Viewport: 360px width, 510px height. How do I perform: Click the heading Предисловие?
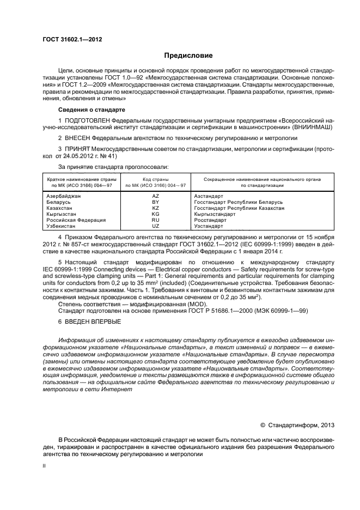(189, 56)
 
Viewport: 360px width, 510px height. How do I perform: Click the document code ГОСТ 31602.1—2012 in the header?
(72, 39)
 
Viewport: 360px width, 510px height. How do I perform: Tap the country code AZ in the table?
(155, 195)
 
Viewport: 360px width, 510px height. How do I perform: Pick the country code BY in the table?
(155, 202)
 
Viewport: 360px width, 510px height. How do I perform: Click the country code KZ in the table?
(155, 208)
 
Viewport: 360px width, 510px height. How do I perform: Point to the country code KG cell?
(155, 214)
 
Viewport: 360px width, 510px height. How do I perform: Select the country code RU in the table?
(155, 220)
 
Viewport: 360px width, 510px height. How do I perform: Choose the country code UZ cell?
(155, 226)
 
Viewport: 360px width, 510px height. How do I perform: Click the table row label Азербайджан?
(64, 195)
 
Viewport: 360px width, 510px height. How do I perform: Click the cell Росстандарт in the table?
(210, 220)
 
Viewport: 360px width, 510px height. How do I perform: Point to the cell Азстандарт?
(209, 195)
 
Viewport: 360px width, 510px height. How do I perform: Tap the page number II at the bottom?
(45, 466)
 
